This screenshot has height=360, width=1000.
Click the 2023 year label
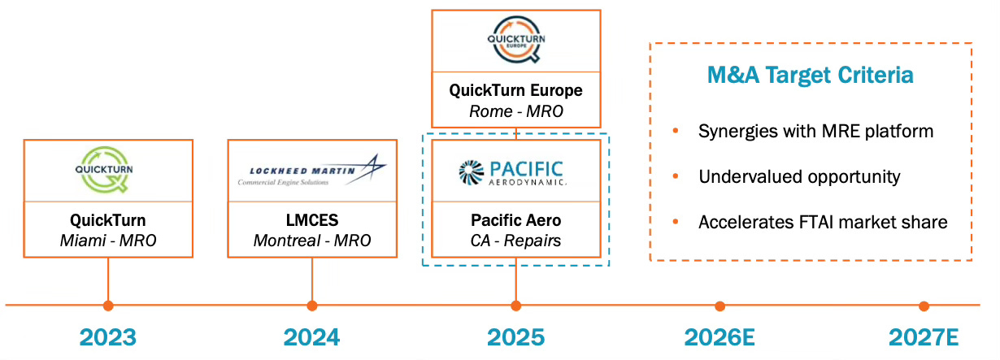[108, 337]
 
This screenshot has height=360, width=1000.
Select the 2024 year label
[312, 337]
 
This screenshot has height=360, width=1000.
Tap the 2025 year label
[515, 337]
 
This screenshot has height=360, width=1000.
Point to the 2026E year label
[720, 337]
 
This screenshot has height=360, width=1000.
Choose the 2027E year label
[924, 337]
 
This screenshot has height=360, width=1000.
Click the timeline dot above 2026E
[720, 306]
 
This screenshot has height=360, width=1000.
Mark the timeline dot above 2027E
[924, 306]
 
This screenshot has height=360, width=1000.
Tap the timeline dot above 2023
[108, 306]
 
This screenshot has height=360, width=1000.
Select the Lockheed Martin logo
[311, 171]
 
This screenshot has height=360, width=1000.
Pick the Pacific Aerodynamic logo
[515, 172]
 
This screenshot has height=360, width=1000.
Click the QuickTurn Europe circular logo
[515, 39]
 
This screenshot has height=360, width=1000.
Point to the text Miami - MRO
[108, 241]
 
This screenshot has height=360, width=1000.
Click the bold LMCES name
[311, 221]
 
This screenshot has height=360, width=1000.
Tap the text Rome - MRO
[515, 110]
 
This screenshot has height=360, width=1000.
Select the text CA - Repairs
[515, 241]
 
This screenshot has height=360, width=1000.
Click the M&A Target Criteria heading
[810, 76]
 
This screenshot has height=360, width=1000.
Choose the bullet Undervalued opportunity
[798, 176]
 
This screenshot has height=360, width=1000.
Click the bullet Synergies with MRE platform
[815, 131]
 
